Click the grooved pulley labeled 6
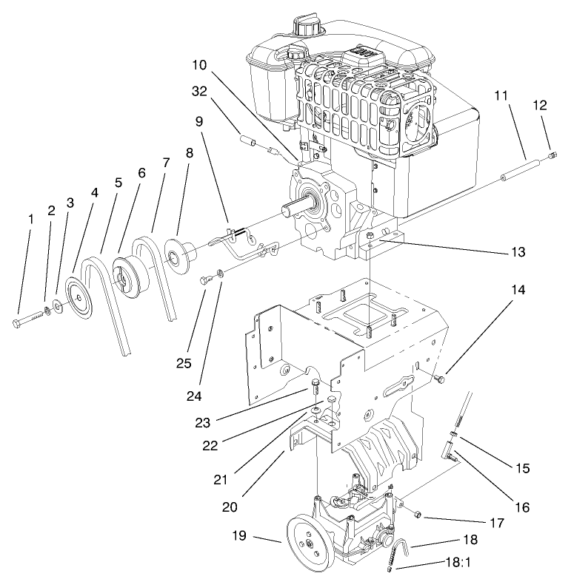click(x=127, y=276)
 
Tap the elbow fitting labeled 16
click(x=450, y=450)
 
